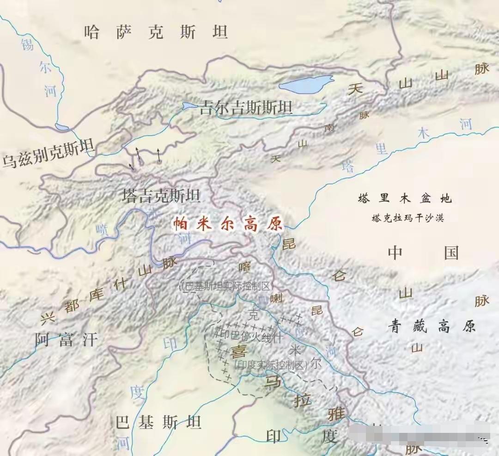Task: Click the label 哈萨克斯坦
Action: pyautogui.click(x=156, y=32)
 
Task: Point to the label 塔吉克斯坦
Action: pyautogui.click(x=161, y=196)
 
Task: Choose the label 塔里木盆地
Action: pyautogui.click(x=404, y=199)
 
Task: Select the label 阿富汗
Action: pyautogui.click(x=67, y=341)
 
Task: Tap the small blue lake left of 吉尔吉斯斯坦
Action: pyautogui.click(x=189, y=106)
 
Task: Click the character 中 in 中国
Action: pyautogui.click(x=395, y=253)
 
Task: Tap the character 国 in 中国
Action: pyautogui.click(x=451, y=253)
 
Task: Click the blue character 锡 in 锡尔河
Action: pyautogui.click(x=27, y=45)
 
